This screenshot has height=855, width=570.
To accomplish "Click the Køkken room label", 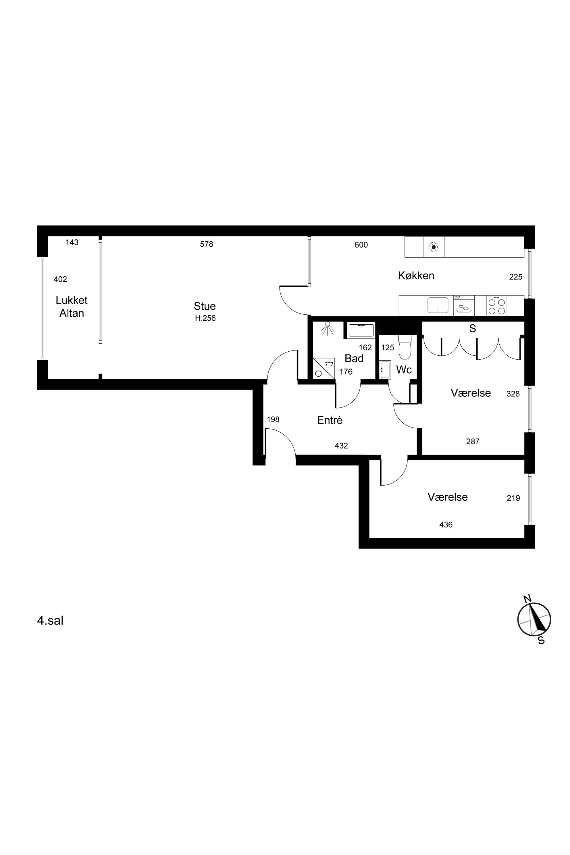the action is [416, 276].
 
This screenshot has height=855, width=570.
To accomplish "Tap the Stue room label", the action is [205, 306].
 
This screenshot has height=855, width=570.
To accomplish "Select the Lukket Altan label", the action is [72, 307].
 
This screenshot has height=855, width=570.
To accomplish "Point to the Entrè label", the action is [330, 420].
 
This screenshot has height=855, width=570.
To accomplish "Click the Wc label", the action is [404, 370].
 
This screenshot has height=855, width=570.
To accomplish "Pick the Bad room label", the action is [354, 359].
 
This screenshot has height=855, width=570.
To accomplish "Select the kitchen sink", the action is [438, 305].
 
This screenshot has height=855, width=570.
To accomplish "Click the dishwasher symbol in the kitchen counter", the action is [464, 306].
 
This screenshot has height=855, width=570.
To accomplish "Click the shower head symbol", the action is [328, 328].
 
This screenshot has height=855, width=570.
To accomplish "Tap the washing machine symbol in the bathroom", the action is [324, 369].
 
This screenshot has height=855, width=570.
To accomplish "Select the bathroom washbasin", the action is [361, 330].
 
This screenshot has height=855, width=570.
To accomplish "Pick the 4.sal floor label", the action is [50, 621].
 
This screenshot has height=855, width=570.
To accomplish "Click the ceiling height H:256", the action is [205, 318].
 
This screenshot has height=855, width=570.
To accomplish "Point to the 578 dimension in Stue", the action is [207, 244].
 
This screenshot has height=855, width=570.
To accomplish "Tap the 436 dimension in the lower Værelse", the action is [446, 525].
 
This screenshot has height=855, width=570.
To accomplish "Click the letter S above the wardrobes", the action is [473, 329].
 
